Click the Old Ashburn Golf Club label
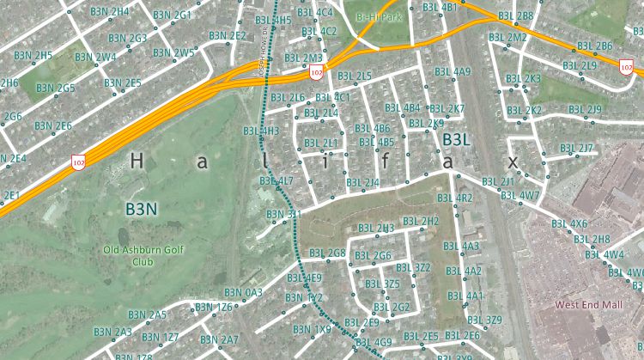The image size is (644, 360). pos(143,255)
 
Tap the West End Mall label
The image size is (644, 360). pos(588,304)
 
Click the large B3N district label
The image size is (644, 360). pos(142,209)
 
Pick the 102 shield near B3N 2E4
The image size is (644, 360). pos(78,162)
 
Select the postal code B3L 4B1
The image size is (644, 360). pos(440,8)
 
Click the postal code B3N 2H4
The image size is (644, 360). pos(109,12)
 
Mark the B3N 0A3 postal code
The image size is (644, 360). pos(242,294)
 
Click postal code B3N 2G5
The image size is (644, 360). pos(55,88)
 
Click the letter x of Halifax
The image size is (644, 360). pos(513,161)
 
